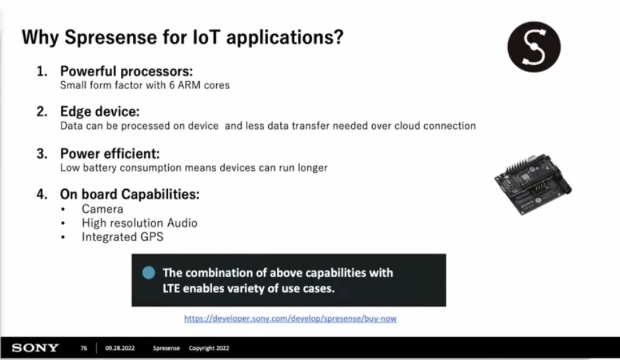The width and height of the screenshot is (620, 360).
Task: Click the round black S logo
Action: tap(534, 47)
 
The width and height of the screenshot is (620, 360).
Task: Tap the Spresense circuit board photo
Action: tap(533, 184)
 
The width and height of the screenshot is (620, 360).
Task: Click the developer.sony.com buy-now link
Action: tap(290, 319)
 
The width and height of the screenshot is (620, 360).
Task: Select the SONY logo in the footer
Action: tap(35, 348)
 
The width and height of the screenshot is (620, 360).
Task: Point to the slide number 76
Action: tap(84, 348)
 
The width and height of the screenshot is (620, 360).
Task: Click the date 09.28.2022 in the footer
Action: tap(120, 348)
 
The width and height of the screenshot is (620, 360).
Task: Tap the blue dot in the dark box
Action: tap(149, 273)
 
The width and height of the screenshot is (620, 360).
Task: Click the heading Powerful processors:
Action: tap(126, 71)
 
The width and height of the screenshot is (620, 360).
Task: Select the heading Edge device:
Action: tap(100, 111)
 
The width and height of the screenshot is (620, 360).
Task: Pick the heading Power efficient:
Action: tap(110, 153)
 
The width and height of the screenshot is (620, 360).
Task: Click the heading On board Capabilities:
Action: tap(130, 195)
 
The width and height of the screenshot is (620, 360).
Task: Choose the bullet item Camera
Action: tap(103, 209)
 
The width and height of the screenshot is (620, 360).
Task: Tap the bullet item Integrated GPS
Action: tap(122, 237)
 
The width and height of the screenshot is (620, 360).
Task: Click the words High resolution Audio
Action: tap(140, 223)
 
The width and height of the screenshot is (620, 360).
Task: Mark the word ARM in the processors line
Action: tap(189, 85)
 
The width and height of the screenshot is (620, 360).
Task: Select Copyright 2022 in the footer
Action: tap(209, 348)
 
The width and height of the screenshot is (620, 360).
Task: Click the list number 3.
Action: tap(41, 153)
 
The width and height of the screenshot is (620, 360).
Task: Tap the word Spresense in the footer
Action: tap(166, 348)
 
